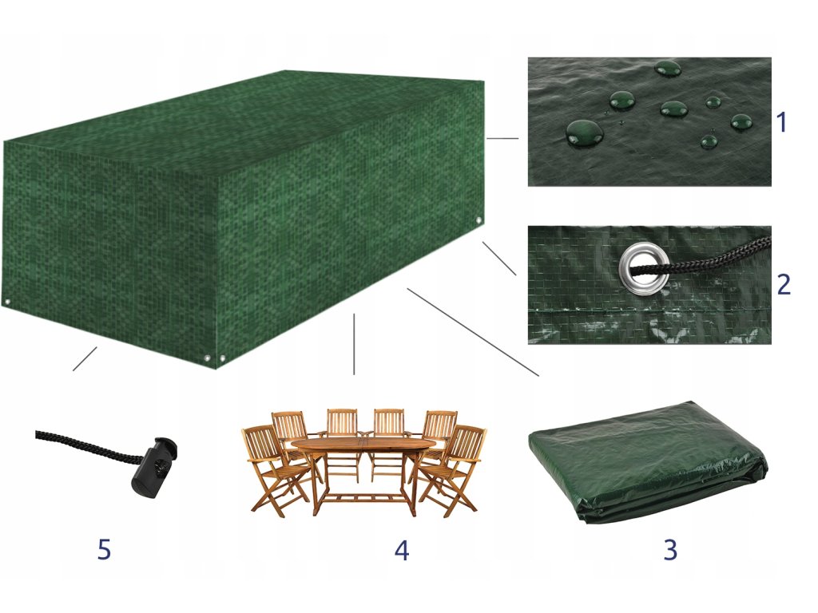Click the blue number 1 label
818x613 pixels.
tap(781, 122)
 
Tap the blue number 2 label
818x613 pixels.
tap(784, 285)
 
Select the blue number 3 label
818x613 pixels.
tap(670, 549)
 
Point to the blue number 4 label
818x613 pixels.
tap(401, 549)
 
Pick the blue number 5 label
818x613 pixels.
tap(104, 549)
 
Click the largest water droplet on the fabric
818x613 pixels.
tap(584, 132)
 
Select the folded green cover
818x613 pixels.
tap(649, 462)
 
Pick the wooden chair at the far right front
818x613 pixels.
tap(453, 469)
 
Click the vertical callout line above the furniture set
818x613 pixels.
tap(354, 344)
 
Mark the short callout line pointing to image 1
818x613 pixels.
tap(502, 138)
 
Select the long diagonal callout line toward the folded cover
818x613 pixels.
tap(473, 332)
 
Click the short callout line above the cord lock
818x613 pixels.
tap(85, 358)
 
